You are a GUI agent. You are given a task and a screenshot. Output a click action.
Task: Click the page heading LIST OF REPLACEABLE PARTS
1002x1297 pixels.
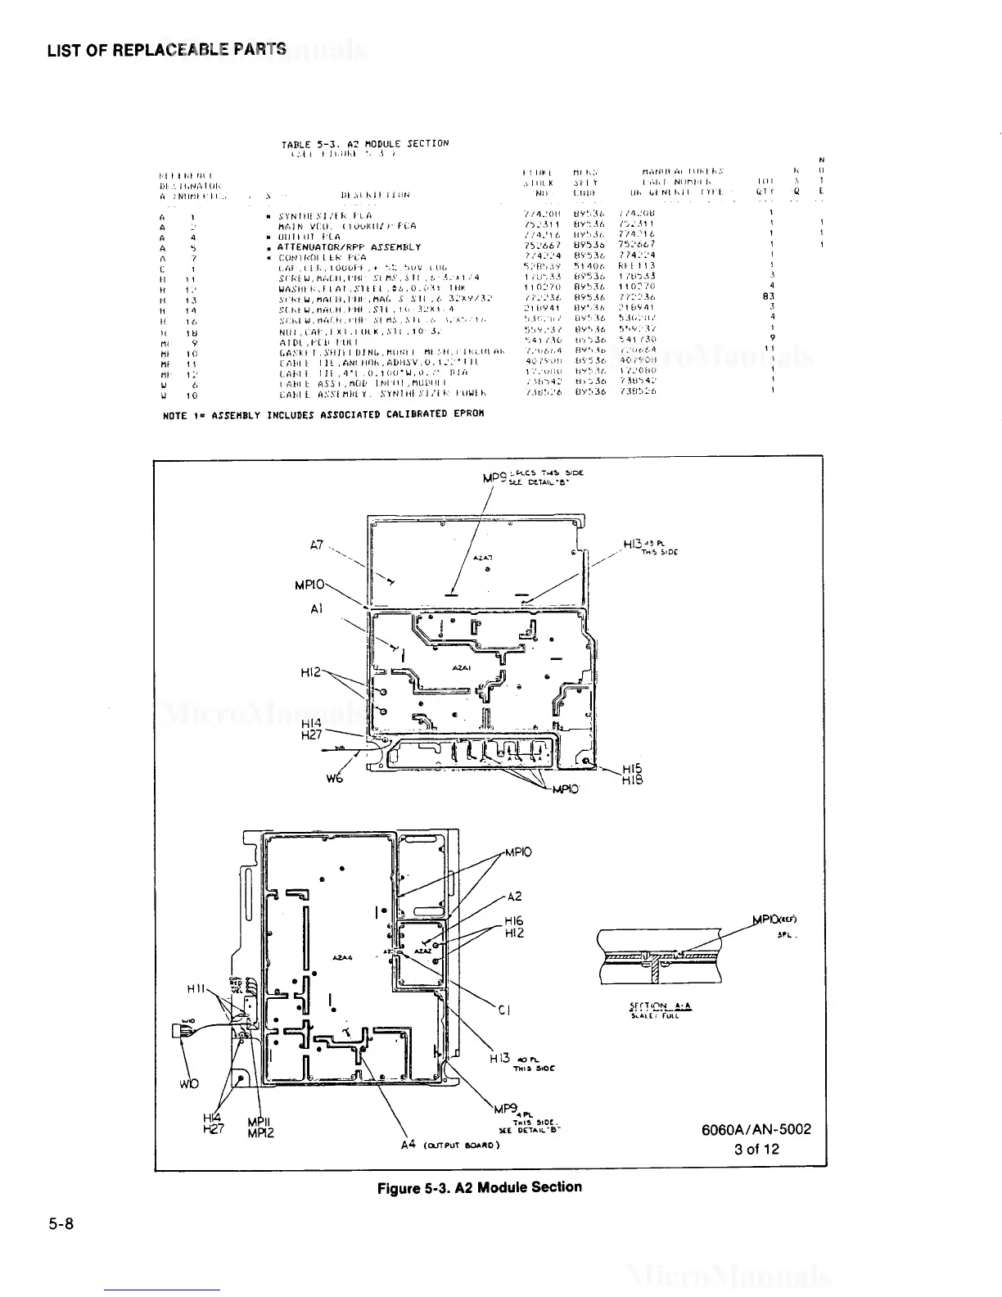tap(166, 49)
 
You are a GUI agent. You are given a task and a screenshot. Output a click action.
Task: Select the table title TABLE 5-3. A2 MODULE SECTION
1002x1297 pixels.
tap(365, 143)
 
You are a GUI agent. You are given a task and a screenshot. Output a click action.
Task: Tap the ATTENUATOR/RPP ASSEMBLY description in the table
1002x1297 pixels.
tap(349, 246)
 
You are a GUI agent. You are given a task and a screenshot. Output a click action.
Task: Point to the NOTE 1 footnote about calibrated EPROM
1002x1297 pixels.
tap(323, 414)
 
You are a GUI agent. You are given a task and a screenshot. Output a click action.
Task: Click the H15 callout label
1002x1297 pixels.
tap(632, 769)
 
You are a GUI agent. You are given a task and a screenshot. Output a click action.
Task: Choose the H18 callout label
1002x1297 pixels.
tap(632, 781)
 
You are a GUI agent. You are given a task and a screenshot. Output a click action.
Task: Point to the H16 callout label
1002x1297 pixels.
tap(514, 921)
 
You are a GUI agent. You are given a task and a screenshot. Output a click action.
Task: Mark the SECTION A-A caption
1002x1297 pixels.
tap(657, 1006)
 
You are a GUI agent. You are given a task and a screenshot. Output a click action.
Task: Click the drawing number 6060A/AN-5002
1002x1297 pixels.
tap(756, 1129)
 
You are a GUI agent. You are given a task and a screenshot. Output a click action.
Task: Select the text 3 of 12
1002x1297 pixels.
tap(756, 1149)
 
